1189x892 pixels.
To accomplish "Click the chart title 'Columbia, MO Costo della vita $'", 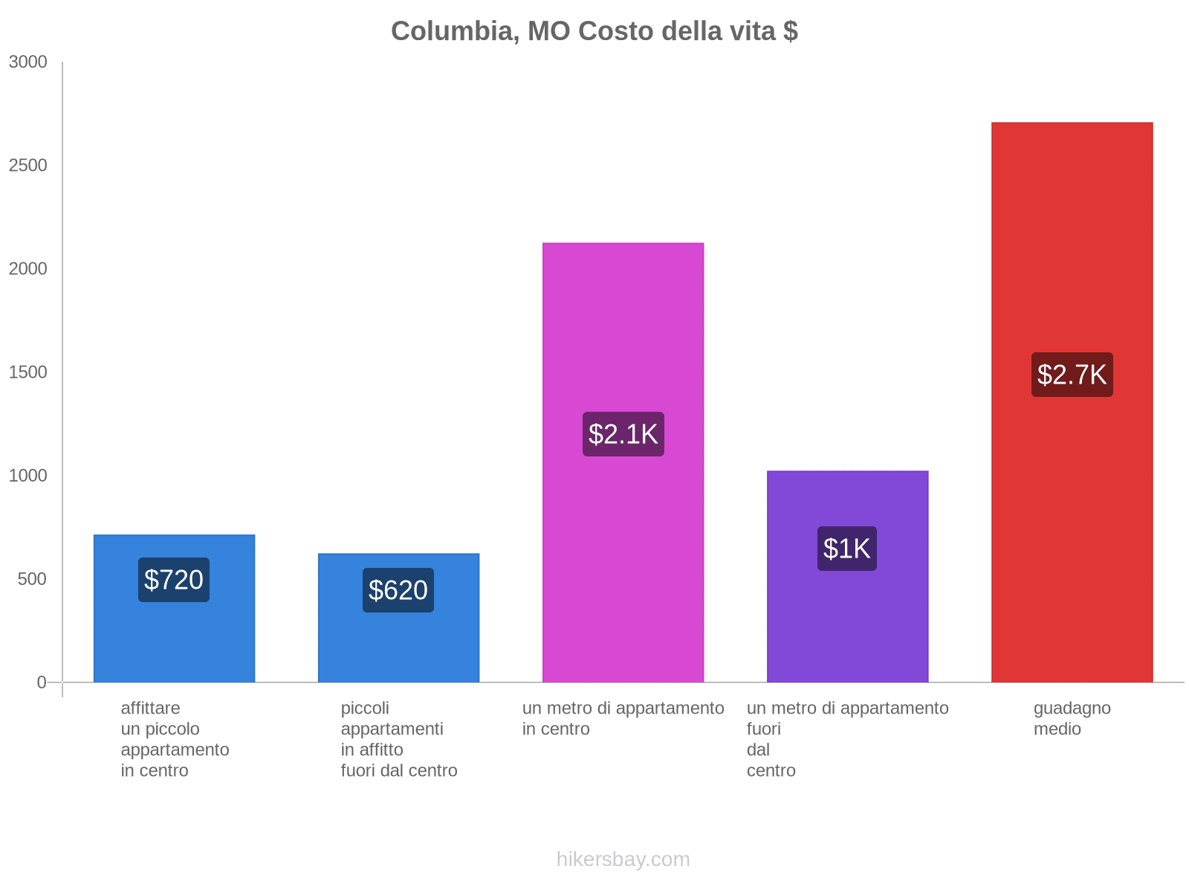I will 594,31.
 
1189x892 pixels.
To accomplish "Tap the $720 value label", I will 174,580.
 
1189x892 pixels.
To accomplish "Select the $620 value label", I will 398,590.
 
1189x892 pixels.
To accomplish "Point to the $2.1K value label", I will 623,434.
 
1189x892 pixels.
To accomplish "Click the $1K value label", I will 847,549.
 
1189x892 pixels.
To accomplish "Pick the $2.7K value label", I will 1072,375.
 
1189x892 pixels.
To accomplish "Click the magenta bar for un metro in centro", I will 623,312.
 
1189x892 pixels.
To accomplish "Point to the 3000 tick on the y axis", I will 28,62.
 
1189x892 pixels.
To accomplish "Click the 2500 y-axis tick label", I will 28,166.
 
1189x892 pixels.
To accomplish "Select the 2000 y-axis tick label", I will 28,269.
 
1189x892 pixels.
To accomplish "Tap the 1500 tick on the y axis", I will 28,372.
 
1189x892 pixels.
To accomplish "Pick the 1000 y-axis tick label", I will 28,476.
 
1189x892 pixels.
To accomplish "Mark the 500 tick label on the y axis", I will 33,579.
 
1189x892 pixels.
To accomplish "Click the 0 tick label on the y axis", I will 42,682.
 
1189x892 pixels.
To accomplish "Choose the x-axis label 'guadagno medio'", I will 1072,719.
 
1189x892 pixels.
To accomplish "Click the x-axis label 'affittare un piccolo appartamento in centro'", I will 175,739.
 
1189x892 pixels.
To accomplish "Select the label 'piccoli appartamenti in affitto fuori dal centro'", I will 399,739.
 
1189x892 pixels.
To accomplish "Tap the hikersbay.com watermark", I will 623,859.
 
